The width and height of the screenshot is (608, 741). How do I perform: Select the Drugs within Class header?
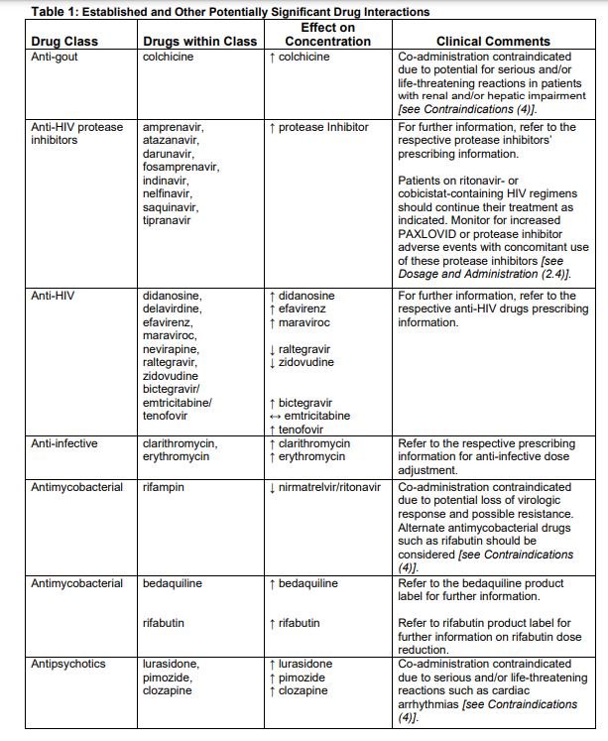click(199, 42)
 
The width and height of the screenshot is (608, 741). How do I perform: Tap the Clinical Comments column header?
click(493, 42)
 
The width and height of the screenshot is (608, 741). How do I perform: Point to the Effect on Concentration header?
click(327, 35)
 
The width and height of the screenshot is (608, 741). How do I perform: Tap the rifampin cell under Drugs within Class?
click(165, 487)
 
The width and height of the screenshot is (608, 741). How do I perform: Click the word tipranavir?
click(171, 220)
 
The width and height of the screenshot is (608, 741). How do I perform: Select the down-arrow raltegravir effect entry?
click(306, 349)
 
